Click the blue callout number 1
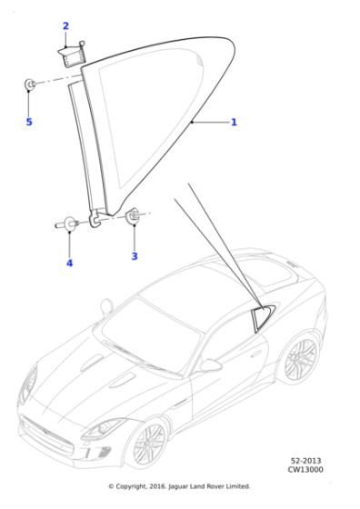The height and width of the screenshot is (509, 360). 234,122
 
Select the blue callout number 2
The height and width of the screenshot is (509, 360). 65,25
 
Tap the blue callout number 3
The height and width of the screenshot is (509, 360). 135,256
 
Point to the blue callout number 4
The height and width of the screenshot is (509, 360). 69,263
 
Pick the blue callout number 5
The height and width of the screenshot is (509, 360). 29,122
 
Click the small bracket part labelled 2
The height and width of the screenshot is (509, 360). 73,55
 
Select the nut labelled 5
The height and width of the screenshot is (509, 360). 29,85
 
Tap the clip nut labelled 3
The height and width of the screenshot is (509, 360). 133,215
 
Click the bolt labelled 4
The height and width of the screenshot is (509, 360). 67,224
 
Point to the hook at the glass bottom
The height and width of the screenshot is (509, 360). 95,219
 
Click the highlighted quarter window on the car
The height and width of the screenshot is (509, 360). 263,317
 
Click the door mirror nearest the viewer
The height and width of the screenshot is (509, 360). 210,365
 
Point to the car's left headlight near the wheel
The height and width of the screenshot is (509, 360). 104,428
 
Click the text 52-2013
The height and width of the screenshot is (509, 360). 305,461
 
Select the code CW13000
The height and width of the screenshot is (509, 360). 305,469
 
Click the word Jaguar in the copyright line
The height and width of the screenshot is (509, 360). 178,486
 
